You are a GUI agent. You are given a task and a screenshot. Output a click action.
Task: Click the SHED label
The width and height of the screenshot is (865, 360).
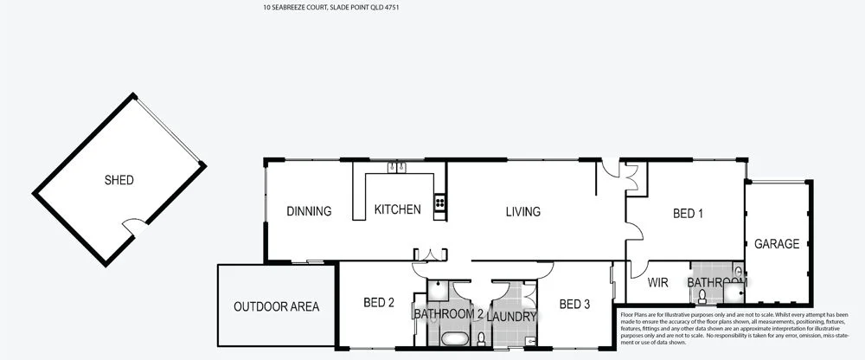pyautogui.click(x=119, y=181)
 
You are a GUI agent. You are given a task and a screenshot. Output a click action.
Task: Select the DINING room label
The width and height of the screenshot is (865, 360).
pyautogui.click(x=309, y=211)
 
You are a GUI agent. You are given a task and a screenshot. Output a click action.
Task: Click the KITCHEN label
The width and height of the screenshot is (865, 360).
pyautogui.click(x=397, y=209)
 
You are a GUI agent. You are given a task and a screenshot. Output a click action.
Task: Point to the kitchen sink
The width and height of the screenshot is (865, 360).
pyautogui.click(x=398, y=167)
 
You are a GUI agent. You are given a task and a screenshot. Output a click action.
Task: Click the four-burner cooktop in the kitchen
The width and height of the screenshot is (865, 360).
pyautogui.click(x=439, y=203)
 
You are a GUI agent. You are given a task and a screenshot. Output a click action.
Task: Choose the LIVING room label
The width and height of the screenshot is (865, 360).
pyautogui.click(x=522, y=212)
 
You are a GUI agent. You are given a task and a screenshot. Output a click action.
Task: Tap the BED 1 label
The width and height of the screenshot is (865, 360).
pyautogui.click(x=688, y=213)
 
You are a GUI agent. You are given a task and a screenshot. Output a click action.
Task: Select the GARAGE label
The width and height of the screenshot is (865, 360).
pyautogui.click(x=776, y=244)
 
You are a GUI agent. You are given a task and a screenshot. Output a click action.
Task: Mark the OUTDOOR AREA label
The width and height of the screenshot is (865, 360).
pyautogui.click(x=276, y=306)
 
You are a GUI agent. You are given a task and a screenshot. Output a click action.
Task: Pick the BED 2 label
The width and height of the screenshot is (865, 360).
pyautogui.click(x=379, y=303)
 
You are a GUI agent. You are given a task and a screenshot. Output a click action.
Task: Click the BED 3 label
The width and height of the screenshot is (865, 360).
pyautogui.click(x=574, y=304)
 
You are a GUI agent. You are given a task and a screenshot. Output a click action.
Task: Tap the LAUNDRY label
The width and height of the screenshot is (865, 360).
pyautogui.click(x=512, y=317)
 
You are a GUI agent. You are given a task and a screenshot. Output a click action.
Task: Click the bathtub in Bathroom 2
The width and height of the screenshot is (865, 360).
pyautogui.click(x=452, y=337)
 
